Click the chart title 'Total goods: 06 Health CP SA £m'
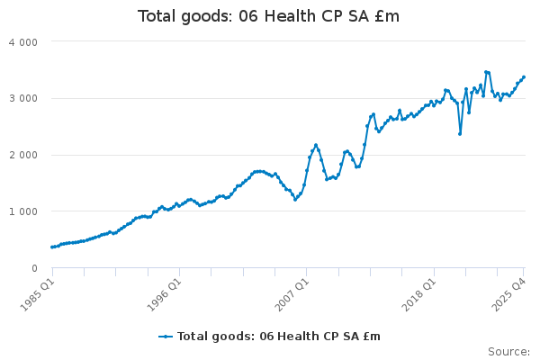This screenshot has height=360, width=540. [x=268, y=16]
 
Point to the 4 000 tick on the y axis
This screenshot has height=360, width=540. [x=24, y=41]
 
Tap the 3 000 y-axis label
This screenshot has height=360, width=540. [x=24, y=98]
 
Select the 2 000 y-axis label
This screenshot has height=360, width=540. [x=24, y=155]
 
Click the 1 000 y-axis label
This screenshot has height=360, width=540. [x=24, y=211]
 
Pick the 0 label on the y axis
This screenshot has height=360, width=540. [x=34, y=268]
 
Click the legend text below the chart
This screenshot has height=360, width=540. [x=279, y=336]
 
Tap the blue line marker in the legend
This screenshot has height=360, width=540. [x=166, y=336]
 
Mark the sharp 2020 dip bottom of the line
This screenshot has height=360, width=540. [x=460, y=134]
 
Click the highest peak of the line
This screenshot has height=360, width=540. [x=485, y=71]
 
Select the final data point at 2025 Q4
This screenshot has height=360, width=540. [x=524, y=77]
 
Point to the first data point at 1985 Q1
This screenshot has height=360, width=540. [x=51, y=247]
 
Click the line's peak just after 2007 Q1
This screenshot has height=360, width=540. [x=316, y=144]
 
